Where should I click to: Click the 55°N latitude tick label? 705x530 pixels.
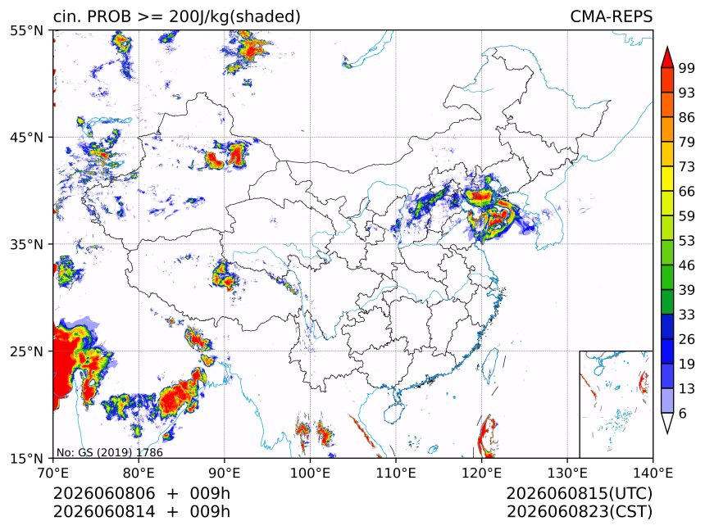[26, 30]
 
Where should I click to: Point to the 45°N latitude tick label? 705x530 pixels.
[26, 137]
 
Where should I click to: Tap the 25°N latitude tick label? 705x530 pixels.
[26, 351]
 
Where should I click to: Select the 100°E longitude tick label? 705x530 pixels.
[310, 473]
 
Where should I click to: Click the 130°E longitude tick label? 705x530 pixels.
[567, 473]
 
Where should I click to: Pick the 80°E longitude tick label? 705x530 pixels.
[139, 473]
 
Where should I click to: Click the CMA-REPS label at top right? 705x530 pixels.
[611, 16]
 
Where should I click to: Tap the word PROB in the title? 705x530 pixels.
[110, 16]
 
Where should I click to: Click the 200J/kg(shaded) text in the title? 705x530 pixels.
[234, 17]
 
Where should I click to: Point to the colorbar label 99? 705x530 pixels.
[687, 69]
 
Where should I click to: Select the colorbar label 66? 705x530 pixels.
[687, 192]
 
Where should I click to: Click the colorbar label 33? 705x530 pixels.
[687, 315]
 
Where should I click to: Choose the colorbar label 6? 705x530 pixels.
[683, 413]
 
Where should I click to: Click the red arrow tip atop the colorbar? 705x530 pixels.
[667, 48]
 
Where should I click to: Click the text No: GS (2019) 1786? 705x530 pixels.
[109, 452]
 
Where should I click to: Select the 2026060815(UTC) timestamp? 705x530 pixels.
[579, 493]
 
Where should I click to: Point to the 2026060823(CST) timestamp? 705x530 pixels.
[579, 512]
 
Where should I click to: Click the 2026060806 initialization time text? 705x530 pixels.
[104, 493]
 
